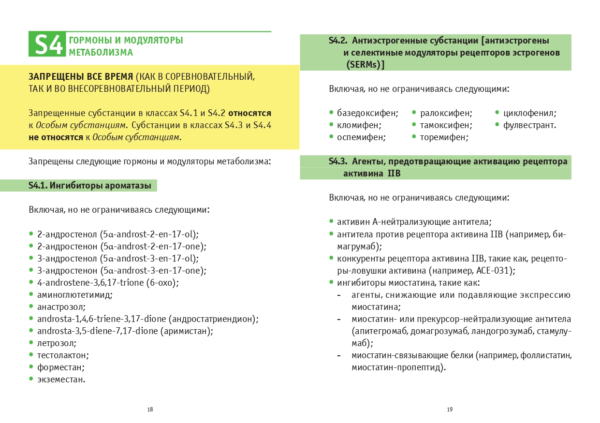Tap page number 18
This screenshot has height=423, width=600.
click(x=150, y=409)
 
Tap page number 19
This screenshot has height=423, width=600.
click(x=450, y=409)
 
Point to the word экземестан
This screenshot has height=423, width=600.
click(x=61, y=379)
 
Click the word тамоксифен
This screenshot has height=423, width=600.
click(x=444, y=125)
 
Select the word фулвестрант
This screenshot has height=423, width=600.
click(x=529, y=125)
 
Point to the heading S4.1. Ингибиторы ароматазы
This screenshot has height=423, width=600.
click(x=90, y=185)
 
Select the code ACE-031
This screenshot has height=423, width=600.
click(x=495, y=271)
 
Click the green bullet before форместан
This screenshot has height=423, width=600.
click(x=31, y=367)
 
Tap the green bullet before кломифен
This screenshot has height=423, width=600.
click(x=332, y=125)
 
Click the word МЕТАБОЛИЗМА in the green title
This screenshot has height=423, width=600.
click(x=101, y=52)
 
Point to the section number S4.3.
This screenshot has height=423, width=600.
click(x=338, y=161)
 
